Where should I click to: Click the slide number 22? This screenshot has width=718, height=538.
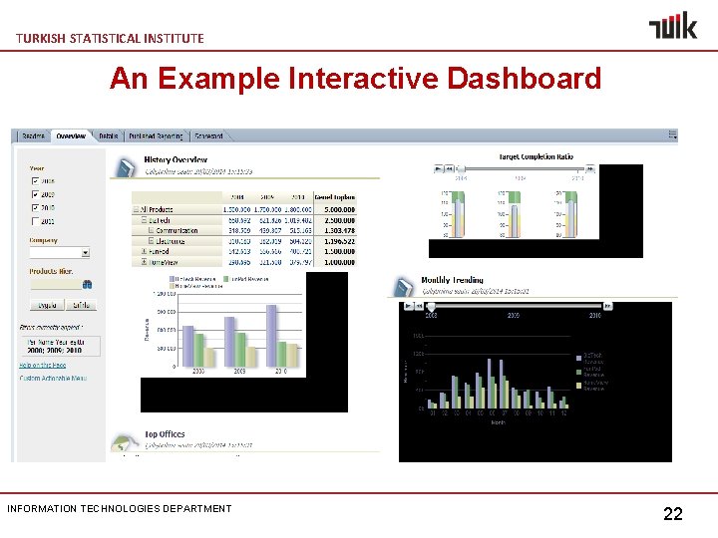673,514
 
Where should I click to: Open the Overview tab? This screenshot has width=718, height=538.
71,135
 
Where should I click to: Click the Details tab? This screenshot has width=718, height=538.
108,135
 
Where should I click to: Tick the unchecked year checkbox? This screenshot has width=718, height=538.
37,221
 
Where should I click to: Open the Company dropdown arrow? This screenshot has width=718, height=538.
86,253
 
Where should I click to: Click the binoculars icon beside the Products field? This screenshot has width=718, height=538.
86,282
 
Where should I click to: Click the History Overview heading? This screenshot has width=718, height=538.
176,159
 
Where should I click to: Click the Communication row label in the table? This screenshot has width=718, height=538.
177,231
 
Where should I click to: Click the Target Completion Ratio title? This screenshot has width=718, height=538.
536,156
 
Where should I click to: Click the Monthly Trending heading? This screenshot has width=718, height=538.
452,280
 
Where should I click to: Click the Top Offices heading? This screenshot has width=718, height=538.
165,434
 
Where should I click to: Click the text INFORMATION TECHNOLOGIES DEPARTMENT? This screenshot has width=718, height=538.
119,508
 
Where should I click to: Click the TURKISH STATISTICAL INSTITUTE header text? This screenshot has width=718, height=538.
110,38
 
